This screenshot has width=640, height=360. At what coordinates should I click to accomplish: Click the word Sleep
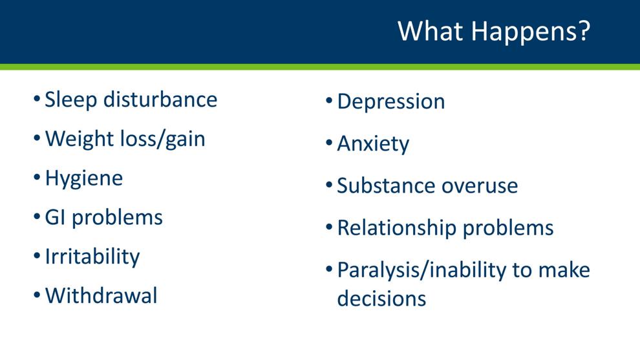[70, 101]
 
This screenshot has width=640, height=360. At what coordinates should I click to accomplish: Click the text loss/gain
[162, 140]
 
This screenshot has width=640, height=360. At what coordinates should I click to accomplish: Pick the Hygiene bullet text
[83, 179]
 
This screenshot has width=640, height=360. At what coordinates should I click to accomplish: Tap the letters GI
[55, 218]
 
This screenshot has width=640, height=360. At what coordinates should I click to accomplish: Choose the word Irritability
[92, 257]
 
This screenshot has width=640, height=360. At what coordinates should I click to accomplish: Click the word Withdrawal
[101, 295]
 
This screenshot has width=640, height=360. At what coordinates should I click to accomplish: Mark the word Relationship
[396, 229]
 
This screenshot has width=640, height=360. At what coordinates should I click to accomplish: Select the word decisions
[381, 299]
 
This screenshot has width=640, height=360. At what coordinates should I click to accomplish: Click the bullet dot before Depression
[330, 100]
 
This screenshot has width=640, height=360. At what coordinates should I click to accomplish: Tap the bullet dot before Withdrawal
[37, 294]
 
